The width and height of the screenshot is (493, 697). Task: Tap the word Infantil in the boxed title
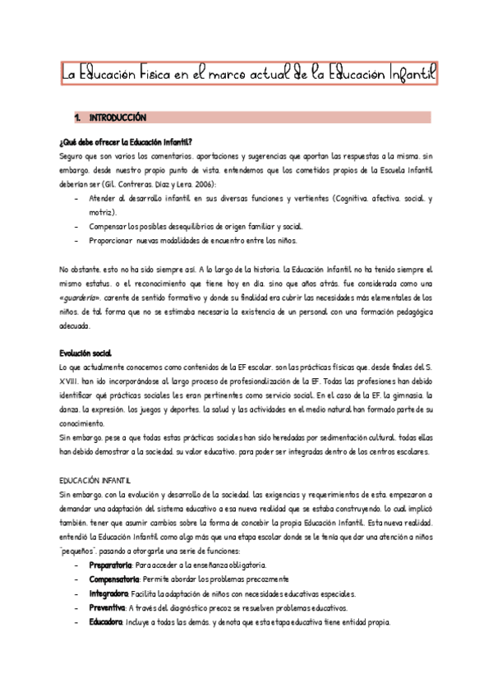[404, 76]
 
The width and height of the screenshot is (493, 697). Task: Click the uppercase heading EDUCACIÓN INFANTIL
[96, 478]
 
